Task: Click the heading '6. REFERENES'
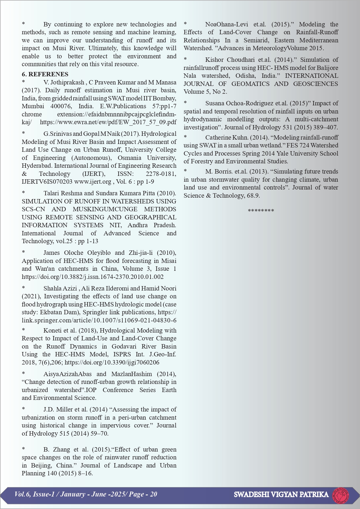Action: tap(45, 74)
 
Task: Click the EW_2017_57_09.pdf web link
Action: tap(108, 122)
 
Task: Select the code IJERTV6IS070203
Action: tap(47, 182)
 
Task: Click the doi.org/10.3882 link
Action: tap(93, 277)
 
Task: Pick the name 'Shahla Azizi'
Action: tap(60, 288)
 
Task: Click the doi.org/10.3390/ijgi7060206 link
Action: tap(112, 362)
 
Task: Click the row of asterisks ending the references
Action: tap(261, 211)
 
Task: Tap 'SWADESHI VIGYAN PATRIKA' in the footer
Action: tap(281, 494)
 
